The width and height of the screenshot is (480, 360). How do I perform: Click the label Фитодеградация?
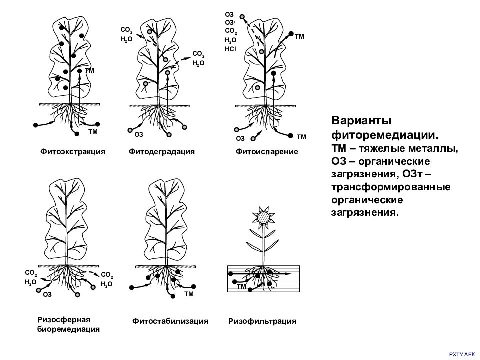161,151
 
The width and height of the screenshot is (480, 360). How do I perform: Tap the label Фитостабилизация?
170,321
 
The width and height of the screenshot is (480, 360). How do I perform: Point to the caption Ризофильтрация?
262,321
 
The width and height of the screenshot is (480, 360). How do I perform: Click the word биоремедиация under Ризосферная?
68,329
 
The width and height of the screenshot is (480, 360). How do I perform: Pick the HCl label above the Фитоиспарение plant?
230,49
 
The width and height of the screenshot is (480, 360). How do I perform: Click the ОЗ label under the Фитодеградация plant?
139,134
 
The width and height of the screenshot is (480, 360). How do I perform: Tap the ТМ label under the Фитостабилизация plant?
189,295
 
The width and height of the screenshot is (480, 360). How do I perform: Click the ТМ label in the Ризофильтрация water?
241,287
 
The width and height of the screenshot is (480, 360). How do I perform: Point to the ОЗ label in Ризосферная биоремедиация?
47,295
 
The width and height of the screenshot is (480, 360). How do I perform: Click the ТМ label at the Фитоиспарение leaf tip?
300,36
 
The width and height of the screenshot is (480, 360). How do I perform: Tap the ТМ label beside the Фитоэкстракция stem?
90,71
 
